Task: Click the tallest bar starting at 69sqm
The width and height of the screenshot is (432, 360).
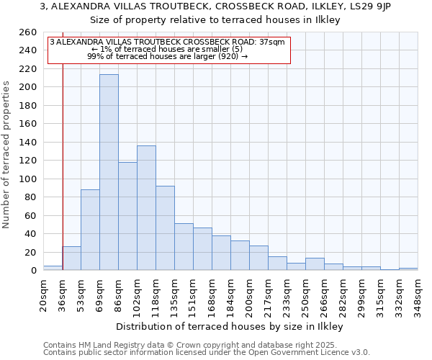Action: (x=109, y=172)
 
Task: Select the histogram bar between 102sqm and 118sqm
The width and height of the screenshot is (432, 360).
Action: (x=146, y=208)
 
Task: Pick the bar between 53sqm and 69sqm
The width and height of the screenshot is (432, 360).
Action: (x=90, y=230)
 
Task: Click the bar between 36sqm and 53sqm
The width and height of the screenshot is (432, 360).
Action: (x=71, y=258)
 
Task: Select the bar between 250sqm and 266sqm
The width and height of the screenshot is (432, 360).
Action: (x=315, y=264)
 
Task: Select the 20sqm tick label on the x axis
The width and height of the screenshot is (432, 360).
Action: (x=43, y=293)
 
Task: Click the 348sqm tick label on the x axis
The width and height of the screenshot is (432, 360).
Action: (x=418, y=293)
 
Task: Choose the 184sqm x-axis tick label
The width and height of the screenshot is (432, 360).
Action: (x=230, y=293)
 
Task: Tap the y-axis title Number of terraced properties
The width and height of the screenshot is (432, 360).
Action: (x=7, y=155)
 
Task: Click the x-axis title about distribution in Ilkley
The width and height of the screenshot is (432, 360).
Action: (x=230, y=327)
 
